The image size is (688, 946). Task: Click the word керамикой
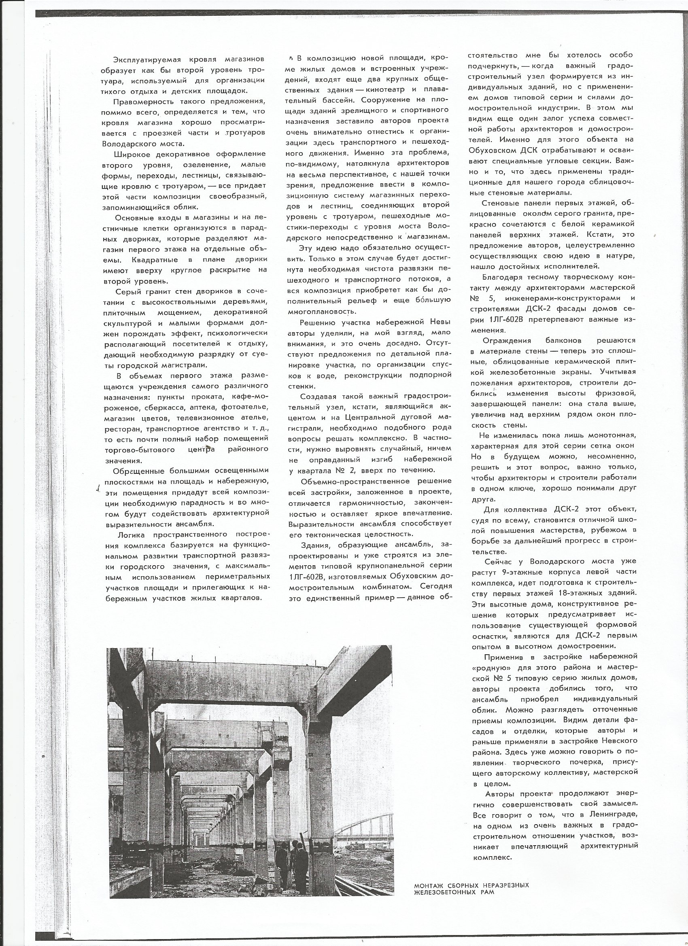point(613,225)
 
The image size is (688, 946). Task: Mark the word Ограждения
point(505,340)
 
